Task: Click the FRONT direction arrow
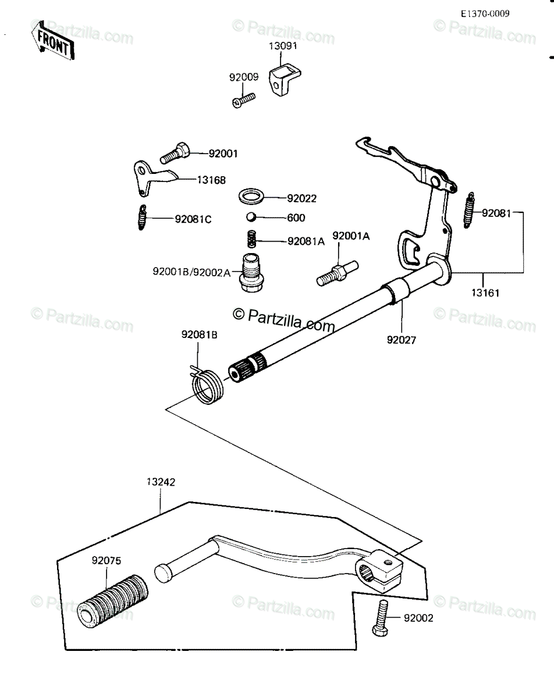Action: coord(53,41)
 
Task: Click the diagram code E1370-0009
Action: coord(485,13)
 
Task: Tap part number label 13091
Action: coord(283,46)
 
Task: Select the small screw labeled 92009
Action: coord(244,100)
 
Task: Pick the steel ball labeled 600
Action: coord(251,216)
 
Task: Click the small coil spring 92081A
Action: coord(251,238)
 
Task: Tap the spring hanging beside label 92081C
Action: coord(142,218)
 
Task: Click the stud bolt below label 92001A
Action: coord(337,274)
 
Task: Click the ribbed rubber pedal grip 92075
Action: coord(113,601)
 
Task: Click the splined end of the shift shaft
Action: coord(247,368)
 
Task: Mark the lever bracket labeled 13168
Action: coord(155,178)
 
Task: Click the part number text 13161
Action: coord(485,293)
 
